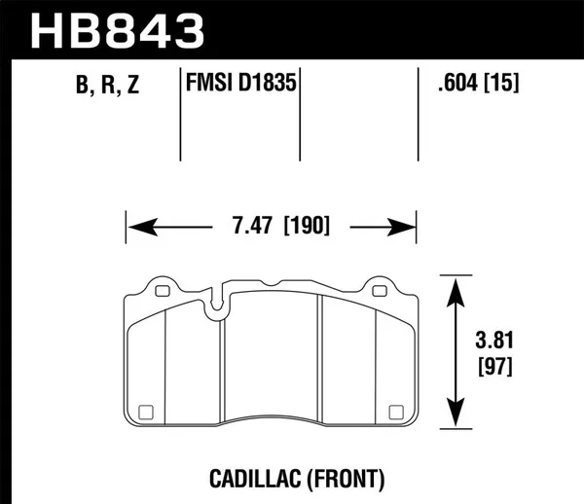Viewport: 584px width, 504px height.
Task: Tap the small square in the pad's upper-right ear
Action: pyautogui.click(x=380, y=289)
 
